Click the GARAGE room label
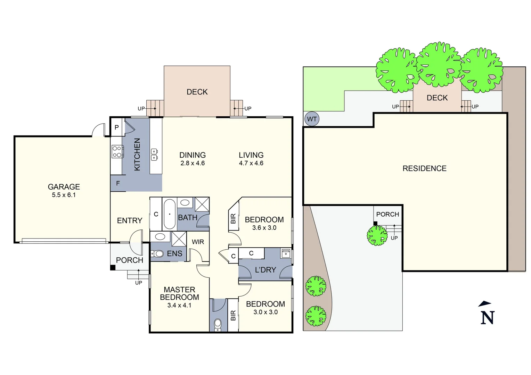click(x=64, y=187)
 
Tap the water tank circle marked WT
click(x=312, y=119)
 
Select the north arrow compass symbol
click(x=487, y=313)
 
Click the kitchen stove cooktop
click(x=117, y=152)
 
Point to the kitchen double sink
click(x=154, y=155)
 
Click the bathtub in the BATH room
click(x=170, y=214)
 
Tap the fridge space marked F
click(x=118, y=183)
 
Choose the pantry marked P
click(x=117, y=127)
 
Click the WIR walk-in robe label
click(x=198, y=242)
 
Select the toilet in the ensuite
click(x=158, y=254)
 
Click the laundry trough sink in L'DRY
click(x=286, y=253)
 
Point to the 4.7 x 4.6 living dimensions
click(x=251, y=163)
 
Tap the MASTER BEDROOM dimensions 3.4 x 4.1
click(x=179, y=306)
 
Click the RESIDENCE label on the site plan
click(x=424, y=168)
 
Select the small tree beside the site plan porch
click(x=377, y=236)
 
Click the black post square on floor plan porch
click(x=113, y=267)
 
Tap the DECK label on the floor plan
click(x=197, y=92)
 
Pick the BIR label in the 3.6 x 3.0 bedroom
click(x=233, y=219)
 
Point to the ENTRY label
click(x=130, y=221)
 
